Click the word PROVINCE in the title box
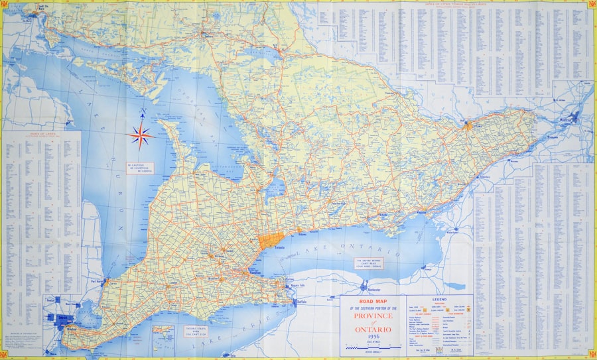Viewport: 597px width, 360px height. [x=371, y=317]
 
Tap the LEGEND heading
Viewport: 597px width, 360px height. [x=440, y=300]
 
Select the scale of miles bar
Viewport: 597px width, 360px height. [x=379, y=347]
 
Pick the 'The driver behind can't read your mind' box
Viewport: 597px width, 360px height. [x=369, y=262]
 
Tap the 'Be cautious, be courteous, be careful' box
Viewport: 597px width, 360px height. [x=144, y=168]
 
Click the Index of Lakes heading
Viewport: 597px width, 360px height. [x=41, y=135]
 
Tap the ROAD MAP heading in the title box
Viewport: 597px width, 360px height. [x=371, y=302]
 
